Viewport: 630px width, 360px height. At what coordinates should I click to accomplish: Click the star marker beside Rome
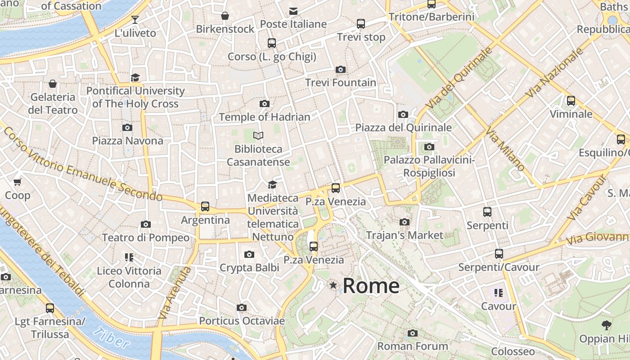[x=333, y=285]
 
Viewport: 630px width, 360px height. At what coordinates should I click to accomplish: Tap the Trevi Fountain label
[x=341, y=83]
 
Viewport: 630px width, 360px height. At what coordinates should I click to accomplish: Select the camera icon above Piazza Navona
[x=127, y=127]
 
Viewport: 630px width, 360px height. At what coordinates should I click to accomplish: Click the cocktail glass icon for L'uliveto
[x=135, y=19]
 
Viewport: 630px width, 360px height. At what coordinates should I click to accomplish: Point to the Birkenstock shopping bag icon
[x=225, y=16]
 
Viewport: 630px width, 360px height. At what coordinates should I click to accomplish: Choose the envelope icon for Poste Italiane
[x=293, y=11]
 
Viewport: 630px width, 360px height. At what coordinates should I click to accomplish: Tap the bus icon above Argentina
[x=205, y=207]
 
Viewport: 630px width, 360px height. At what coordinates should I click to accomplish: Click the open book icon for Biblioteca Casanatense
[x=258, y=135]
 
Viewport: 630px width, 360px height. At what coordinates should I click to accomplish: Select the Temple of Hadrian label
[x=265, y=117]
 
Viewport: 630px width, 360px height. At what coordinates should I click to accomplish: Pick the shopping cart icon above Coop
[x=18, y=182]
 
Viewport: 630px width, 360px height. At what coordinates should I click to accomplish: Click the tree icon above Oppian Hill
[x=606, y=325]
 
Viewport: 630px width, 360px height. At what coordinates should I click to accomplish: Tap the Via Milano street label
[x=505, y=149]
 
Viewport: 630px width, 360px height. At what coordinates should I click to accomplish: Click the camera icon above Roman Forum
[x=413, y=333]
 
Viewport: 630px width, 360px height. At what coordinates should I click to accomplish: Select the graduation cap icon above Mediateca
[x=272, y=184]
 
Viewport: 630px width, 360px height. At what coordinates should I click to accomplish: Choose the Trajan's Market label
[x=405, y=235]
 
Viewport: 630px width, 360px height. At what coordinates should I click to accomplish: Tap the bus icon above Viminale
[x=571, y=100]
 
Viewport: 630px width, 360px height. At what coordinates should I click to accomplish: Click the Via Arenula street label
[x=174, y=293]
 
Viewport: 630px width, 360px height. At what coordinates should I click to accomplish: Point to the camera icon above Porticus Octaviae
[x=242, y=308]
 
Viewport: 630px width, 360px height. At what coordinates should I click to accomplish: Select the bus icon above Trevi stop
[x=361, y=23]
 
